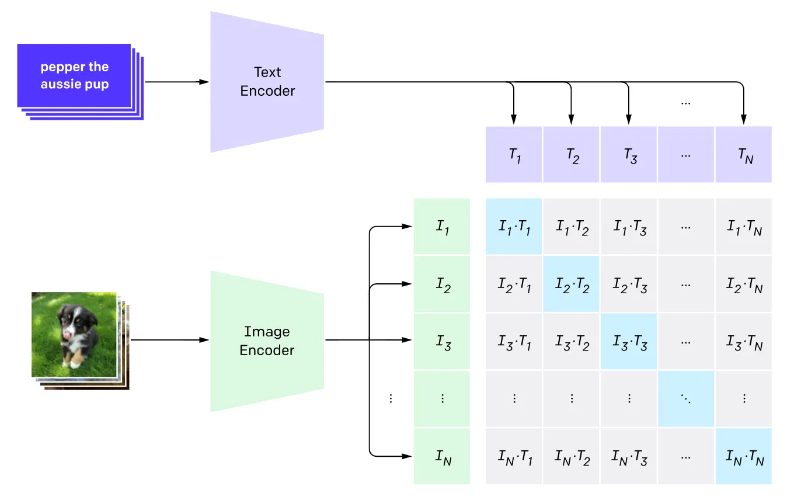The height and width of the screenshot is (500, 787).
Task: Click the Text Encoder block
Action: (267, 82)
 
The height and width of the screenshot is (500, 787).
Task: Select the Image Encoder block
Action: (267, 341)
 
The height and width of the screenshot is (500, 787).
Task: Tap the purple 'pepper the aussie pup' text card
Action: (74, 76)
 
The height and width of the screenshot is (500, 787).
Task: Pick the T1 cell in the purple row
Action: (514, 155)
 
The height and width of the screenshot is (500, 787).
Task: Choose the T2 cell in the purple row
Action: (571, 155)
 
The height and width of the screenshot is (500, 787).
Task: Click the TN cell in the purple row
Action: (743, 155)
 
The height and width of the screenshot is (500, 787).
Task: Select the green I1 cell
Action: (442, 227)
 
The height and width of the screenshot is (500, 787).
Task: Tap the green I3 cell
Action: (442, 342)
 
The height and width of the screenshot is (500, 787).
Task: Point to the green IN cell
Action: (442, 456)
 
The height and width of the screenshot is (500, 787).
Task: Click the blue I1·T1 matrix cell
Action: (514, 227)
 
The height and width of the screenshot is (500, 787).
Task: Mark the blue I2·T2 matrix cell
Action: (571, 284)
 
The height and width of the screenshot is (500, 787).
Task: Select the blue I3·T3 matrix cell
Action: (629, 342)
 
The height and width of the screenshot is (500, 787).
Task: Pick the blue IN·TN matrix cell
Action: (743, 456)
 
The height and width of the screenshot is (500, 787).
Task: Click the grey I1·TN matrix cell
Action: (743, 227)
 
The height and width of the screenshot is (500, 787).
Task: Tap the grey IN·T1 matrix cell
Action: (514, 456)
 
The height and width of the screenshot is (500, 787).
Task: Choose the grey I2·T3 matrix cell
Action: (629, 284)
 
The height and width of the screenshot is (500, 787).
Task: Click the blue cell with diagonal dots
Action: (686, 399)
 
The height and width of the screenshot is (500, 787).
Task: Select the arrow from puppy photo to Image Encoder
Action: (169, 340)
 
